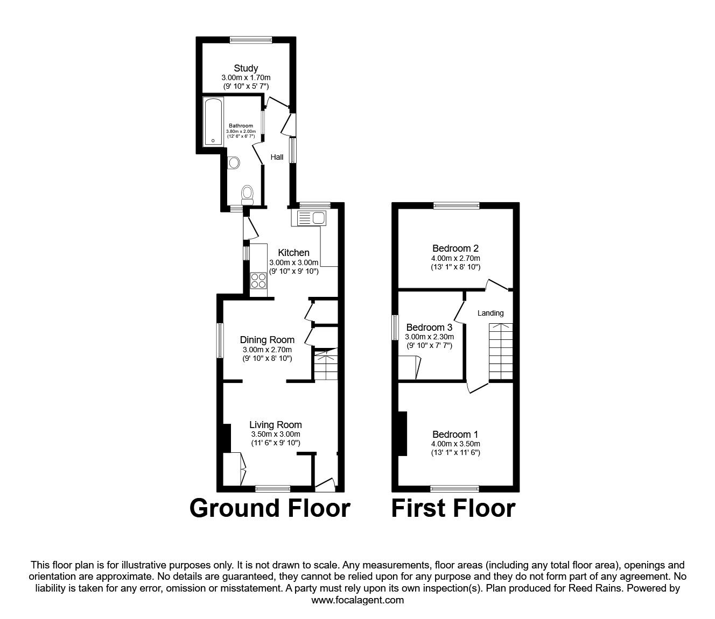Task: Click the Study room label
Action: click(246, 68)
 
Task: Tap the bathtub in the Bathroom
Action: click(213, 123)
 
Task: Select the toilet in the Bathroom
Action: click(248, 193)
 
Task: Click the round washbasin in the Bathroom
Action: click(234, 162)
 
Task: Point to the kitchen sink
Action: click(309, 218)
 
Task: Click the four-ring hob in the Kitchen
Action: click(258, 281)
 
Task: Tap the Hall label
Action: click(277, 157)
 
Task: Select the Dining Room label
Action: click(267, 340)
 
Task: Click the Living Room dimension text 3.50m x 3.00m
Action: click(276, 434)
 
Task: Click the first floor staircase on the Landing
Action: click(501, 352)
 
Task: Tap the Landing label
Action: click(490, 313)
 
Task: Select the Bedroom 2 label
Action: click(455, 248)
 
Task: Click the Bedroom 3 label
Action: click(429, 328)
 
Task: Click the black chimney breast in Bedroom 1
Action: click(402, 433)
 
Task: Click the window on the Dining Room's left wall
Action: click(220, 340)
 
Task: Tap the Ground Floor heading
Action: click(270, 508)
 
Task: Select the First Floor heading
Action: click(453, 508)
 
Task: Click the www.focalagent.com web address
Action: click(357, 600)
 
